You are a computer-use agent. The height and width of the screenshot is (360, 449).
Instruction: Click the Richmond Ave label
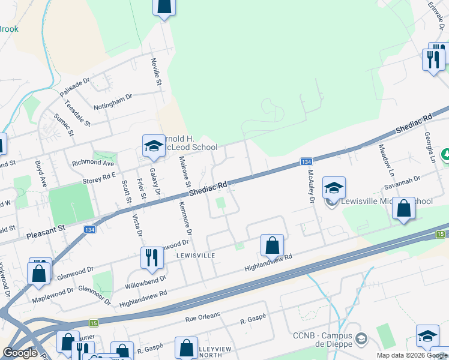tap(92, 163)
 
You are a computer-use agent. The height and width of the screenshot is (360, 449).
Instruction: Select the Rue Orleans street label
tap(203, 314)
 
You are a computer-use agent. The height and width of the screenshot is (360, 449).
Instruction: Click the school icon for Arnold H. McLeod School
tap(154, 146)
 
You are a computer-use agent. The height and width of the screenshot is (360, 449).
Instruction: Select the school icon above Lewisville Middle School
tap(334, 188)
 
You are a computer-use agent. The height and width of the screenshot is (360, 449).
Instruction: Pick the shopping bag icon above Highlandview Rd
tap(272, 245)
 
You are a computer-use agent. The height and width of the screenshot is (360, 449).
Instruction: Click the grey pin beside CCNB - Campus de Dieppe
tap(361, 340)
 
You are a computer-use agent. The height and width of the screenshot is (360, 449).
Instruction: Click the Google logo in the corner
tap(20, 353)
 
